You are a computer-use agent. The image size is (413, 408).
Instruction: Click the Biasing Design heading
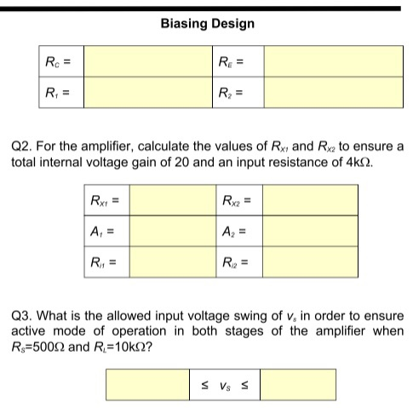pos(207,23)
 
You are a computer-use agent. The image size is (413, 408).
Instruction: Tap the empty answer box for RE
pos(333,60)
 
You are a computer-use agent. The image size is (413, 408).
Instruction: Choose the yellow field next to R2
pos(333,92)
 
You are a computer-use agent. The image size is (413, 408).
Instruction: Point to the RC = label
pos(57,60)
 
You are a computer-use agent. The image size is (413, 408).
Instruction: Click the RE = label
pos(232,60)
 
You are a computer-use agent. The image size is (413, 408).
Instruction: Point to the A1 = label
pos(101,231)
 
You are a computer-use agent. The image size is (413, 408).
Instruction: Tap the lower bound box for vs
pos(146,384)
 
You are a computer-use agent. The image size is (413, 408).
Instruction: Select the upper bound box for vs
pos(298,384)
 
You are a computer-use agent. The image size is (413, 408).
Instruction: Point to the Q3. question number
pos(21,316)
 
